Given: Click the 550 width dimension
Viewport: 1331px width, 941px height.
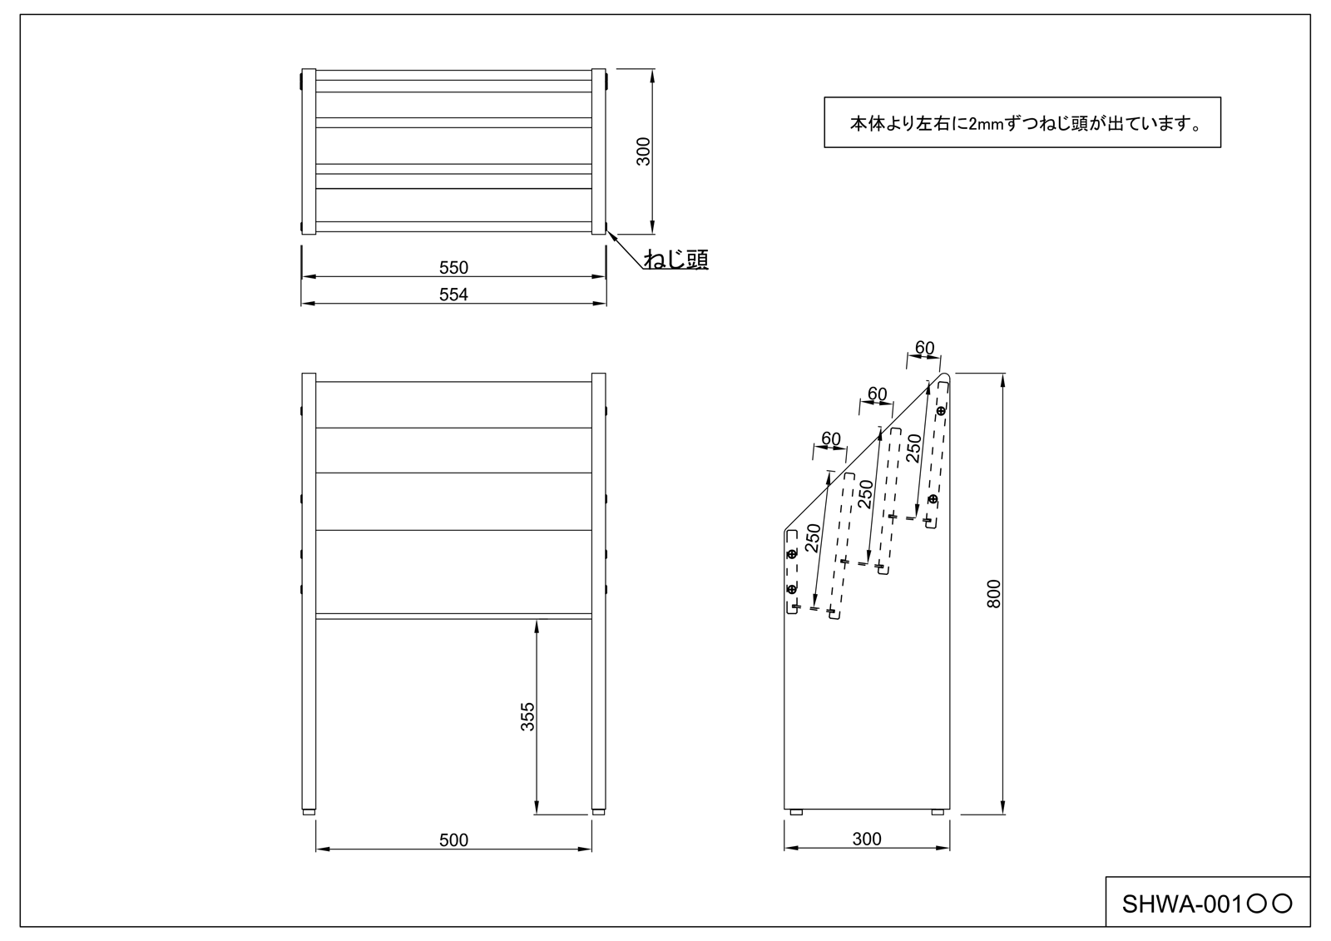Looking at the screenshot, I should (x=453, y=268).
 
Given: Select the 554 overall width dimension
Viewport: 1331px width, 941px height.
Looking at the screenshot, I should (x=453, y=295).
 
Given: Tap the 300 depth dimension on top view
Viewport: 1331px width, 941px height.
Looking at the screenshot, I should (x=643, y=151).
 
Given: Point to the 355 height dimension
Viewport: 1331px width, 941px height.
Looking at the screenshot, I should (x=527, y=716).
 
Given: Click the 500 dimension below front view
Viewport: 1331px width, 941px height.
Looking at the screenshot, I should (x=453, y=840).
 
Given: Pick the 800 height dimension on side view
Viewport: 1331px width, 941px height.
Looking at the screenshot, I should (x=993, y=593).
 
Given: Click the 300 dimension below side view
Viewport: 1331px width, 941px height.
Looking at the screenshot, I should (x=867, y=839).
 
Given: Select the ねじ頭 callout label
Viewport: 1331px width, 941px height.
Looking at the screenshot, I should (x=675, y=260).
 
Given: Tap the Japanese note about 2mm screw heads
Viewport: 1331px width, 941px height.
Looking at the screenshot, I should (x=1022, y=124).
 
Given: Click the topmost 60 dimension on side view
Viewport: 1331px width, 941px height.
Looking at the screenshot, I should (x=924, y=348).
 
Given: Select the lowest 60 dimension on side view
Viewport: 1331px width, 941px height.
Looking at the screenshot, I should (x=830, y=438).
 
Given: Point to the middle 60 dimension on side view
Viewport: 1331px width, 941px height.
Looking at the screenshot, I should (x=877, y=394).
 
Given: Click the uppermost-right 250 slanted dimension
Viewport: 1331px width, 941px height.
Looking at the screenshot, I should (x=913, y=449).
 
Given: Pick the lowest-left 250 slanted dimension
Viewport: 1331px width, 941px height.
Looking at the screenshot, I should (x=813, y=539).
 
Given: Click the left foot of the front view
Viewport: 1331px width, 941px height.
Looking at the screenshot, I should (x=309, y=810).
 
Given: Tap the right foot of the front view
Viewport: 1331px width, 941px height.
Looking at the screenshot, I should (x=598, y=810).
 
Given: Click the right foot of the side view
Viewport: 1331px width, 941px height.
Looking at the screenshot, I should (x=938, y=811).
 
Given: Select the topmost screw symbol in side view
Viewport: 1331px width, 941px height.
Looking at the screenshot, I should (x=941, y=410).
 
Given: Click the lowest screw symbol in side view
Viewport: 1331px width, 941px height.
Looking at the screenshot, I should (x=791, y=589).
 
